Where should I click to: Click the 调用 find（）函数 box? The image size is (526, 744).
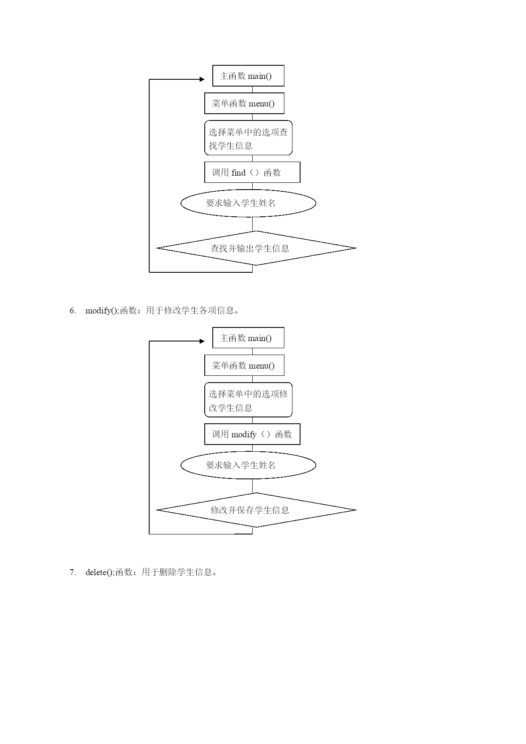[252, 172]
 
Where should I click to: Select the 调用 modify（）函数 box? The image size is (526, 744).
[252, 434]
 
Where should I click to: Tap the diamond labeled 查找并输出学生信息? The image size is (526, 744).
[256, 248]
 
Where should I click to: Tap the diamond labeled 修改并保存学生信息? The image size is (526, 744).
[256, 510]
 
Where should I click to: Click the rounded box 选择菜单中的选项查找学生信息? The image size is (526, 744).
[248, 138]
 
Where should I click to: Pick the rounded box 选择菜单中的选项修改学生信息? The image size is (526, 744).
[248, 400]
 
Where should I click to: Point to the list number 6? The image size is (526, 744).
[73, 310]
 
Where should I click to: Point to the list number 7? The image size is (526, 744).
[73, 572]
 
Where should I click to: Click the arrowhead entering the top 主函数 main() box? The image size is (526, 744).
[202, 79]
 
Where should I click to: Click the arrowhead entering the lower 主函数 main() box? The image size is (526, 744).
[202, 341]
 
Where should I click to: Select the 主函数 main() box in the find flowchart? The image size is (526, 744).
[248, 76]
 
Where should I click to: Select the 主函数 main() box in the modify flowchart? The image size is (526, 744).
[248, 338]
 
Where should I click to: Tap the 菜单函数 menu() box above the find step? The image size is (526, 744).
[244, 103]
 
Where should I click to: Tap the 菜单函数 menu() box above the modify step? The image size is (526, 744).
[244, 365]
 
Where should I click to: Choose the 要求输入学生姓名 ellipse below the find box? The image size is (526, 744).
[248, 203]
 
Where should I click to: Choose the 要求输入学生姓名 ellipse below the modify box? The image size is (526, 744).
[248, 465]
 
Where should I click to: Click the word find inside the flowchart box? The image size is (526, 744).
[239, 173]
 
